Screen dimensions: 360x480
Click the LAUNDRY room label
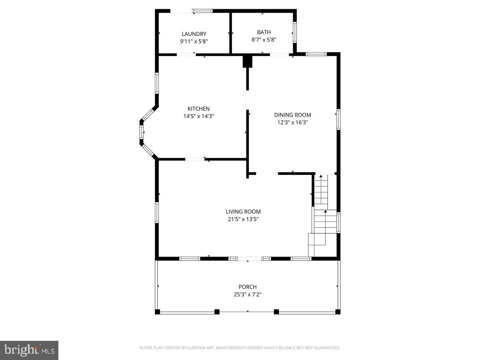point(194,34)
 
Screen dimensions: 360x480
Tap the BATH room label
point(264,32)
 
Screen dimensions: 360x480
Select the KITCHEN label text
point(198,109)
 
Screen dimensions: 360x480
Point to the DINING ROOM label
point(292,115)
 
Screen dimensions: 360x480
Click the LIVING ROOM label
point(243,212)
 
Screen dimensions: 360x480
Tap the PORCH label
point(248,287)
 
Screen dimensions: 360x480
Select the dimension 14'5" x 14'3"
point(198,116)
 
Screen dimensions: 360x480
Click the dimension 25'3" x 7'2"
point(248,294)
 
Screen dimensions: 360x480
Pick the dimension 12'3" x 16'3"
point(292,123)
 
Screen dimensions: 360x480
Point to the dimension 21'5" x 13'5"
point(243,219)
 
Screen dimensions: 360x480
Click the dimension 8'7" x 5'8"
point(264,40)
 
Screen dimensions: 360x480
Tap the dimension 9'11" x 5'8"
point(194,41)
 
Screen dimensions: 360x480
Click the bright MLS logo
point(29,350)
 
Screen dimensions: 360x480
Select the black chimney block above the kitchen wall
point(248,61)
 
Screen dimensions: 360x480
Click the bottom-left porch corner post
point(158,312)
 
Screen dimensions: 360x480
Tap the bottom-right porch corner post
point(338,312)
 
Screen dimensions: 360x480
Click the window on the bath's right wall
point(295,32)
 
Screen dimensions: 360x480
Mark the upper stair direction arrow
point(321,176)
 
